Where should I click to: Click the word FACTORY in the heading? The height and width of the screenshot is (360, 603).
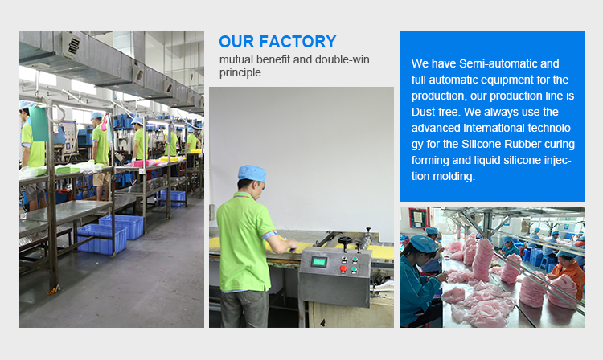coord(297,42)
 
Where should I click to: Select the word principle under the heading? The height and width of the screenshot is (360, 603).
coord(241,72)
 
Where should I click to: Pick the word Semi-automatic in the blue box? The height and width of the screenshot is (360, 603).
coord(496,63)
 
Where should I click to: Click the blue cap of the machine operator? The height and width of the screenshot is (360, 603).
coord(252,174)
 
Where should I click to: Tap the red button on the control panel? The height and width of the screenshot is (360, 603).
coord(343,268)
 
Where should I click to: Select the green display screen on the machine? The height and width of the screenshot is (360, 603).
coord(319,262)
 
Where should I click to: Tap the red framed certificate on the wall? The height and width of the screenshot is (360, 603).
coord(418,218)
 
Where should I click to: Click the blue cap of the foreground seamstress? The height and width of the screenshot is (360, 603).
coord(422,243)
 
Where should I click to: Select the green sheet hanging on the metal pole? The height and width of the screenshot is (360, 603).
coord(39,123)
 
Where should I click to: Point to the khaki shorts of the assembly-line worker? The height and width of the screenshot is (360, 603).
coord(101,179)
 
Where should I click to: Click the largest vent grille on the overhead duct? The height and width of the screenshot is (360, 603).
coord(71,44)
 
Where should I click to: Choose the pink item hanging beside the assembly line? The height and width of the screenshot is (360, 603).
coord(105,123)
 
